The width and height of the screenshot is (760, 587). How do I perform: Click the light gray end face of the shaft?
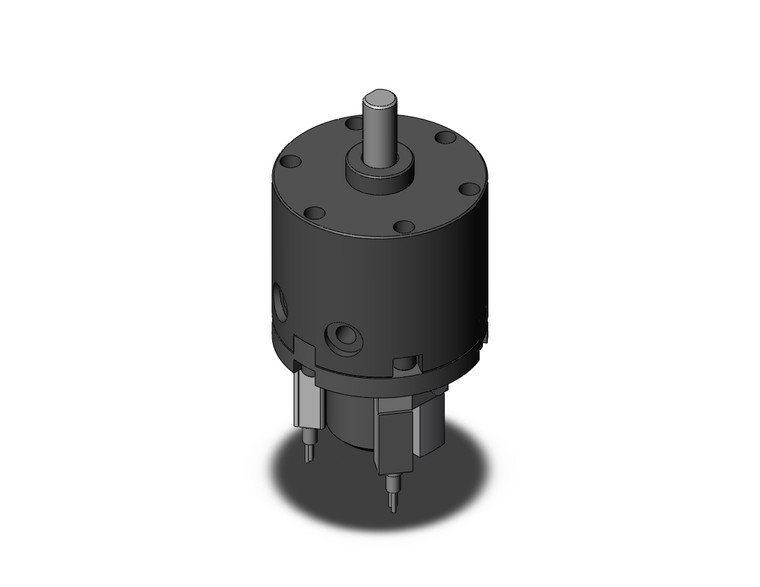click(x=377, y=98)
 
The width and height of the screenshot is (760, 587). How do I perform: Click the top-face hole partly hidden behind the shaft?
click(x=354, y=123)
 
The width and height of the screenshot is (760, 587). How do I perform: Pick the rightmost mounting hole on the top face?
click(x=467, y=188)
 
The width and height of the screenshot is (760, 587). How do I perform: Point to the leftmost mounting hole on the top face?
click(x=290, y=161)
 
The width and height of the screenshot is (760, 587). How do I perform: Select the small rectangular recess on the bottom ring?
click(x=406, y=363)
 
